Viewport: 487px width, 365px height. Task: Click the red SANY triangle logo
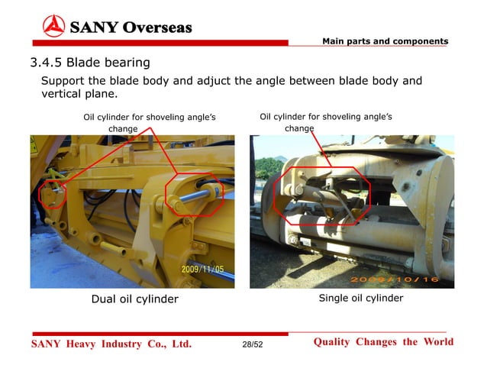[x=53, y=27]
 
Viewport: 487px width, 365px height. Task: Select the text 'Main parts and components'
[x=385, y=40]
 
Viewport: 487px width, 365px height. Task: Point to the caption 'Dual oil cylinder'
[x=134, y=299]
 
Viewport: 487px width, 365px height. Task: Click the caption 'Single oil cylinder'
[x=360, y=298]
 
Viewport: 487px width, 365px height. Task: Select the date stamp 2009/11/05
[x=202, y=269]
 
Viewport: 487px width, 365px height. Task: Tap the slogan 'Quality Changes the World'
[x=383, y=342]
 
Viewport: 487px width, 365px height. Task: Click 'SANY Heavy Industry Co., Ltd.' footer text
[x=111, y=344]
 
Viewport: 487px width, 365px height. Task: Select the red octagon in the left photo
[x=194, y=196]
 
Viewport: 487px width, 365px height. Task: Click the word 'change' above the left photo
[x=123, y=129]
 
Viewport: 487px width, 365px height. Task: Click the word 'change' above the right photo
[x=299, y=129]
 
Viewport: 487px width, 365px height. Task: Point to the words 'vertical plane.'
[x=79, y=95]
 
